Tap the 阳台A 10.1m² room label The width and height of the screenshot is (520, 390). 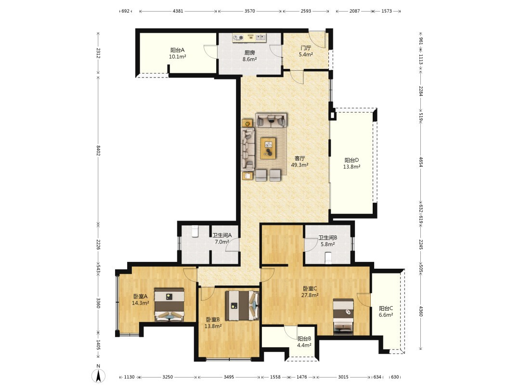pos(177,53)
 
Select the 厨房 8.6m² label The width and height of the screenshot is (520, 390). pos(249,56)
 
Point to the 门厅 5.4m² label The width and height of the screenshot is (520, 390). pos(306,51)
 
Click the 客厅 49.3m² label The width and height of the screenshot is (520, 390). pos(300,161)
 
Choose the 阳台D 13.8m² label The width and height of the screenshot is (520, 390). pos(351,164)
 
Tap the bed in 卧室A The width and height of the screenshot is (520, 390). pos(169,305)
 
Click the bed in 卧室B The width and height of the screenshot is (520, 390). pos(242,306)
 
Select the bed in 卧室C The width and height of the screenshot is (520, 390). pos(343,316)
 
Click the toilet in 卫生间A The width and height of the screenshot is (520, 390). pos(195,231)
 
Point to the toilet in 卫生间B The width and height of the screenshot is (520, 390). pos(328,258)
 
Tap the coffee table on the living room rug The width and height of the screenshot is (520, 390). pos(268,147)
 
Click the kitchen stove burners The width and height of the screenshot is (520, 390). pos(238,38)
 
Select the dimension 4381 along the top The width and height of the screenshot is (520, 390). pos(178,11)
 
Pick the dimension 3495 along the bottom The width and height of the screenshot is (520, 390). pos(229,377)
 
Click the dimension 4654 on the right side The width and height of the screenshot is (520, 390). pos(420,162)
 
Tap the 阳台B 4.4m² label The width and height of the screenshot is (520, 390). pos(304,342)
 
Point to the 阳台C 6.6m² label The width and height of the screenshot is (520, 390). pos(386,312)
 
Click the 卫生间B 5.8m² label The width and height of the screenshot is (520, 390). pos(328,241)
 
